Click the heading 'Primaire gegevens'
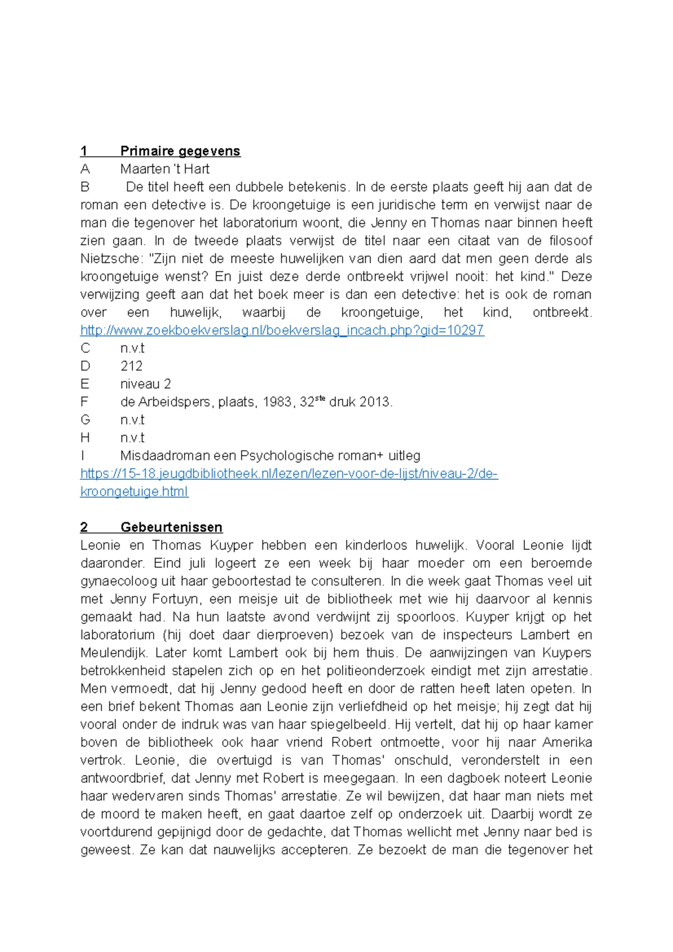[x=180, y=151]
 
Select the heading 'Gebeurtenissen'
[x=171, y=527]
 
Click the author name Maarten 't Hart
[x=164, y=169]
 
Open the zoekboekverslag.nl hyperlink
[x=282, y=330]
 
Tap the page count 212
[x=131, y=366]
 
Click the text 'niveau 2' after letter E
[x=145, y=384]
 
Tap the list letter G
[x=85, y=420]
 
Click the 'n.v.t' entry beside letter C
[x=132, y=348]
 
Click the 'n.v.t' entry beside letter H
[x=132, y=438]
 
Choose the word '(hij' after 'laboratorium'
[x=173, y=635]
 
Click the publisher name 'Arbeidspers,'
[x=174, y=402]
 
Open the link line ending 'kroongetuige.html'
[x=134, y=492]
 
